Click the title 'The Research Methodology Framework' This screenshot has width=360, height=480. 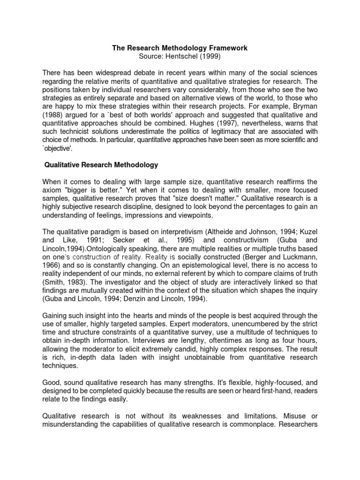click(x=180, y=48)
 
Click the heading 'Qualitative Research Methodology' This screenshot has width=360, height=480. click(x=101, y=165)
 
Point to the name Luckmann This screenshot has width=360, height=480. click(x=298, y=257)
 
